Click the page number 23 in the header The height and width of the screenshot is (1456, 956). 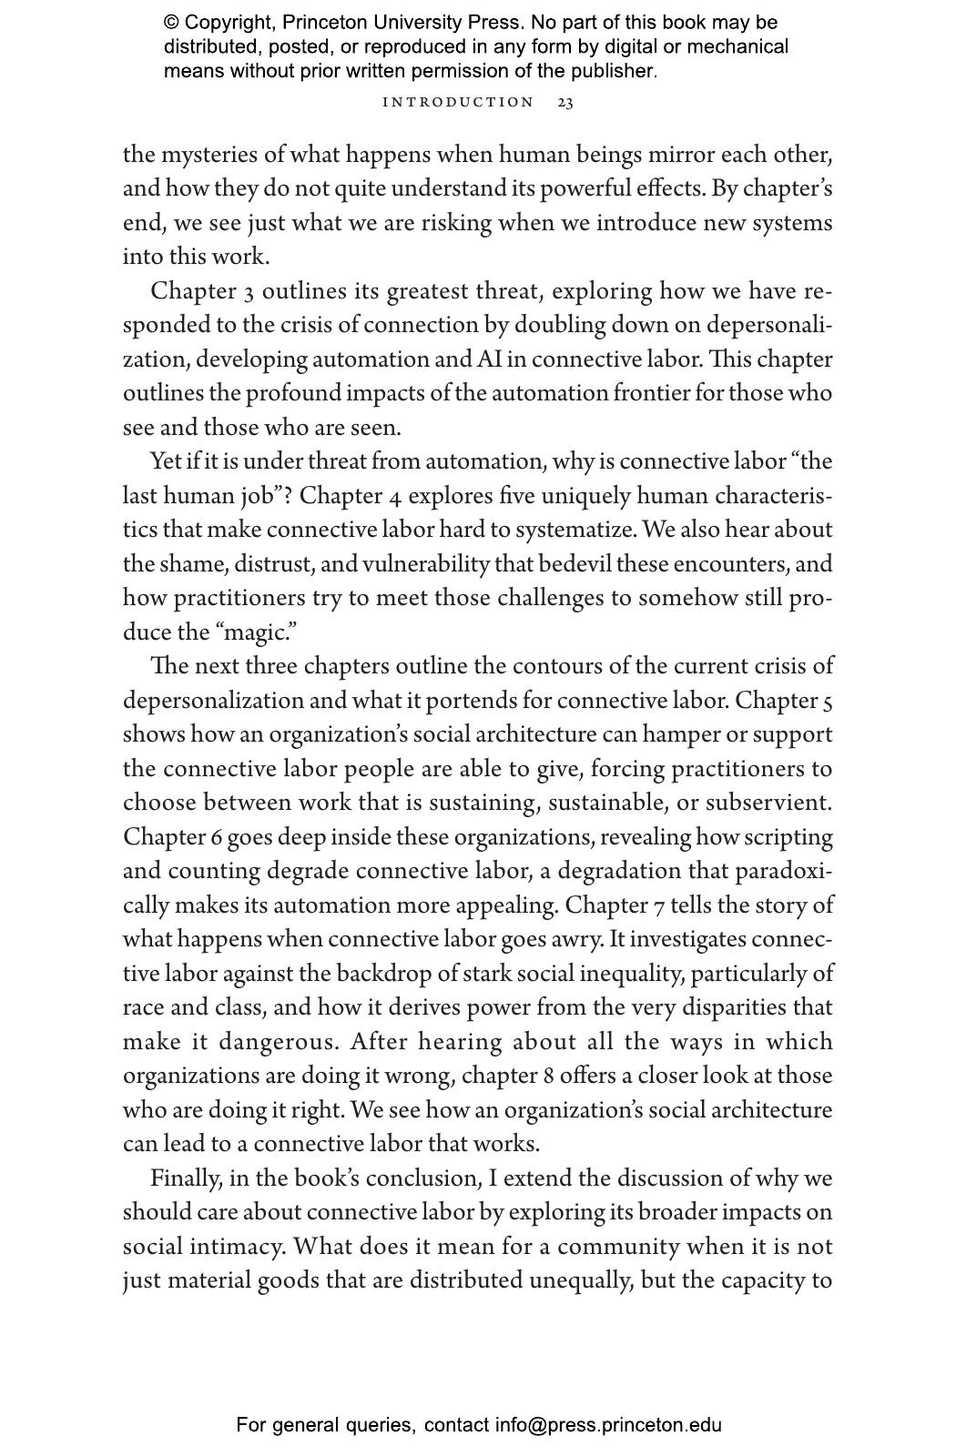pyautogui.click(x=564, y=102)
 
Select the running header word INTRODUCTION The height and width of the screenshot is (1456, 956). pyautogui.click(x=458, y=102)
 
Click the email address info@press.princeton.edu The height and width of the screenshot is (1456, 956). pyautogui.click(x=608, y=1425)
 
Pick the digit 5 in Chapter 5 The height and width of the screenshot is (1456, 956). pyautogui.click(x=827, y=702)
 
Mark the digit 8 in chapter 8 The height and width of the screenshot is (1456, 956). pyautogui.click(x=548, y=1077)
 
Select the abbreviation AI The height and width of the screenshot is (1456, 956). pyautogui.click(x=489, y=359)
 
